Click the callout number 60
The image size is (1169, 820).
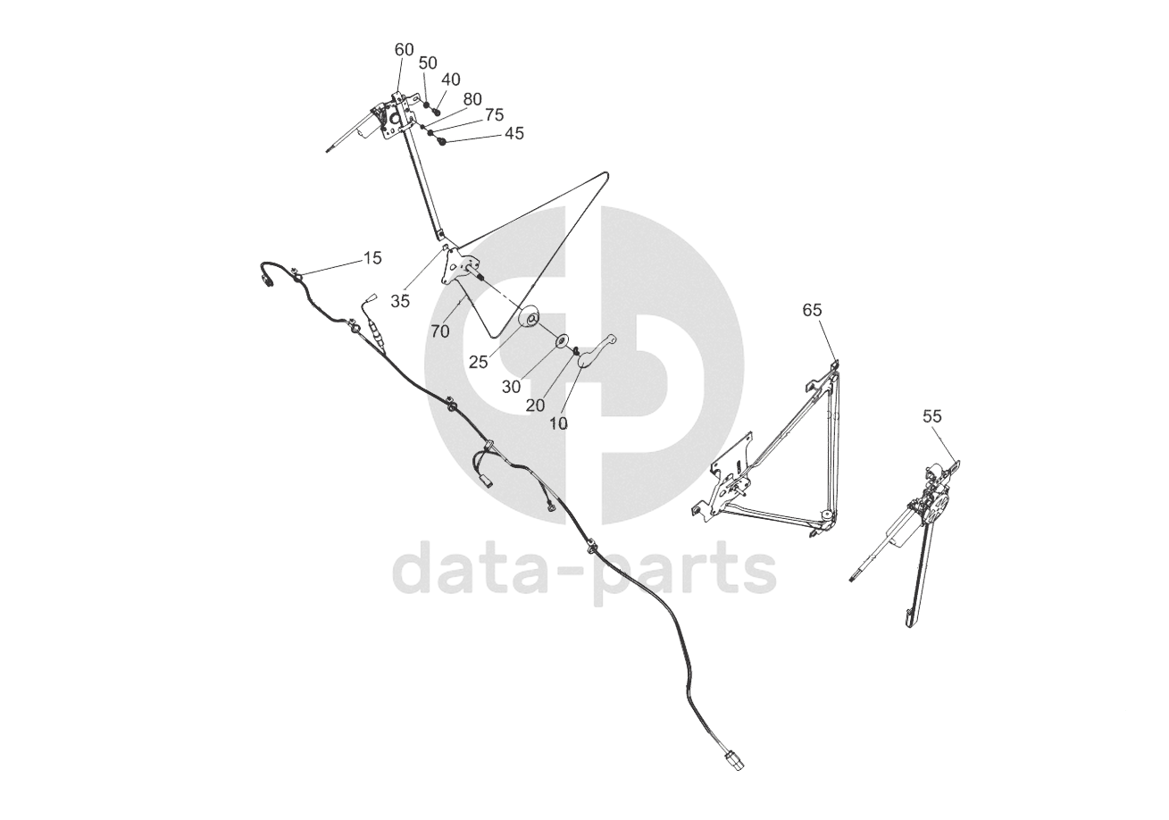[405, 50]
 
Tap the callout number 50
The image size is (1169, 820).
[428, 63]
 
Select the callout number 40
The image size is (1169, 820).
[451, 79]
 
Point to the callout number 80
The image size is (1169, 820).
[472, 98]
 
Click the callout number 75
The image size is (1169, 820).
[494, 115]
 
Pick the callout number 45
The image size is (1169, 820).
[514, 133]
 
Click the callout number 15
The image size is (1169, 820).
[372, 258]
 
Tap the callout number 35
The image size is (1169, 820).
[400, 301]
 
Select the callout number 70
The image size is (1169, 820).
[439, 331]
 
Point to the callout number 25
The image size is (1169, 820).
[479, 362]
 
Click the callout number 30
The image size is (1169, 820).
[512, 387]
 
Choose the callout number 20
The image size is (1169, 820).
[535, 405]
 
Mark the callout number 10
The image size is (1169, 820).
[558, 423]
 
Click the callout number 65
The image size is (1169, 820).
[812, 310]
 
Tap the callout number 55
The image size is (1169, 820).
[932, 416]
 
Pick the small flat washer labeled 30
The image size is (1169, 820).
[563, 340]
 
